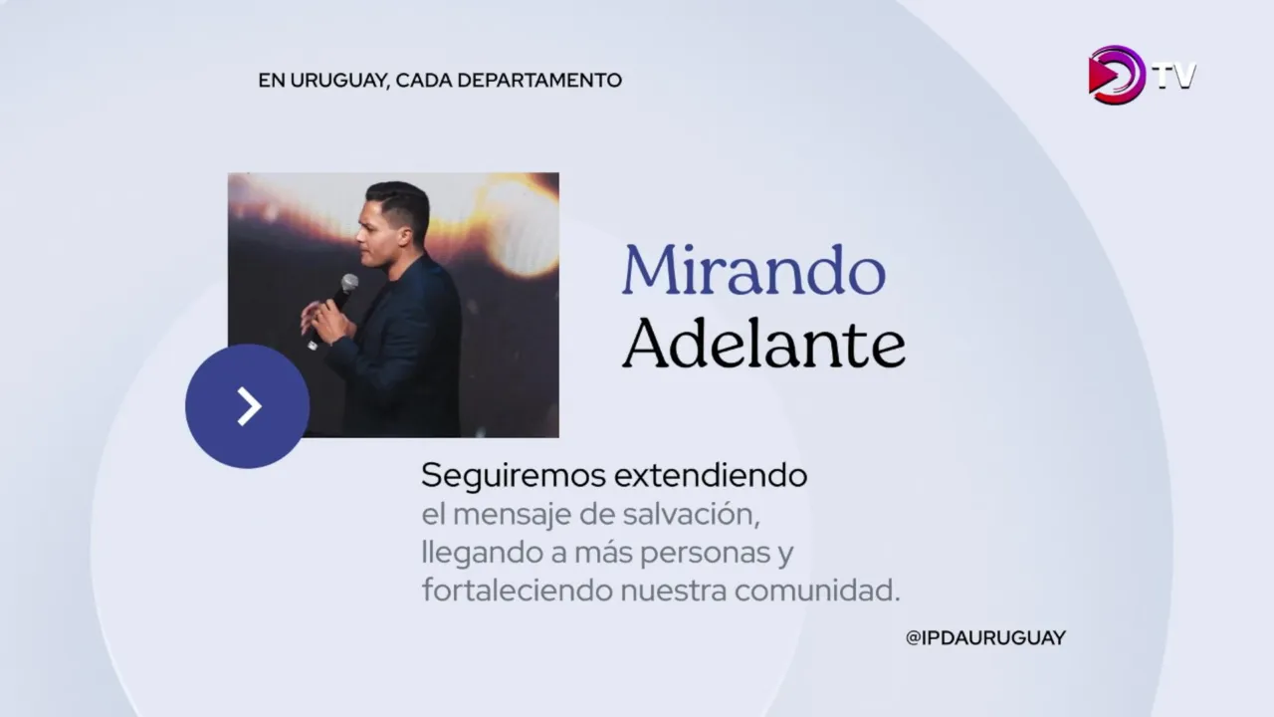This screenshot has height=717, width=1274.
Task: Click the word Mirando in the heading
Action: [754, 270]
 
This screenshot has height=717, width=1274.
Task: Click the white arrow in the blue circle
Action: [249, 406]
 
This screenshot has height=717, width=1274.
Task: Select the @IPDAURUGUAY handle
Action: [985, 638]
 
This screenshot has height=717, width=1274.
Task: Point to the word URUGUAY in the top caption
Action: [339, 81]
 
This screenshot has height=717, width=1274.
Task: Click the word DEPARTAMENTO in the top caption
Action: [539, 81]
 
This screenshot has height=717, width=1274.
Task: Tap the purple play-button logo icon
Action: [1116, 75]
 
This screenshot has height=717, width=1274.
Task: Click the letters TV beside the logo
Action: [1175, 77]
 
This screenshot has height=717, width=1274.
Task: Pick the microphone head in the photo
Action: [349, 283]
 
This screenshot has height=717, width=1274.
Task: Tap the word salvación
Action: [691, 515]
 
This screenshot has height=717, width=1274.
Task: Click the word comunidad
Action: [817, 590]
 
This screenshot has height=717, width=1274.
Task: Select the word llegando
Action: [482, 554]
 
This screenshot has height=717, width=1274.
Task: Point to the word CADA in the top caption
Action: [424, 81]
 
